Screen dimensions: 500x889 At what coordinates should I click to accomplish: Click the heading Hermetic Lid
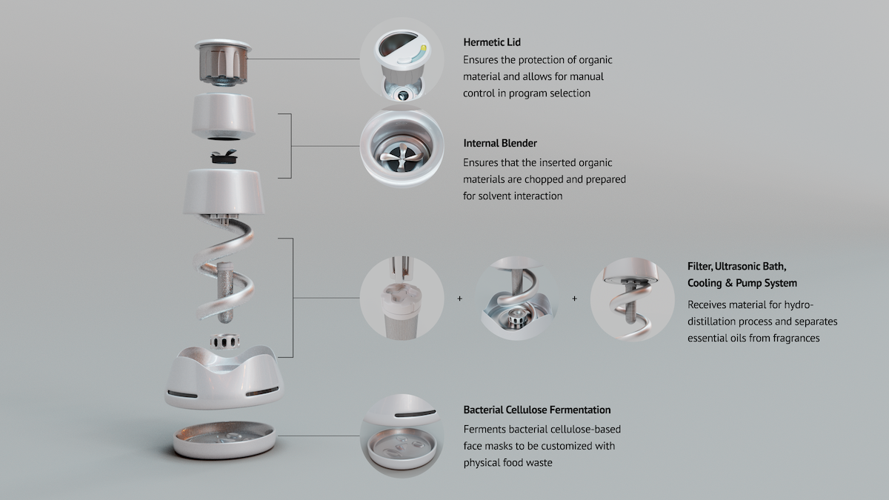click(x=491, y=42)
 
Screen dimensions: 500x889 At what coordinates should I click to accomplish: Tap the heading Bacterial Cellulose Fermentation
click(x=537, y=410)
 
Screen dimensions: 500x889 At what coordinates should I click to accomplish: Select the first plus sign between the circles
click(x=459, y=299)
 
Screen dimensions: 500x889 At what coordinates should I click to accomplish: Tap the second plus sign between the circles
click(x=575, y=299)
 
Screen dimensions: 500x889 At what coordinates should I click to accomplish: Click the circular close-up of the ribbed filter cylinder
click(x=402, y=299)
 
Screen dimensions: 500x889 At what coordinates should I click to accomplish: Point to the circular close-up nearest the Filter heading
click(x=632, y=299)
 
